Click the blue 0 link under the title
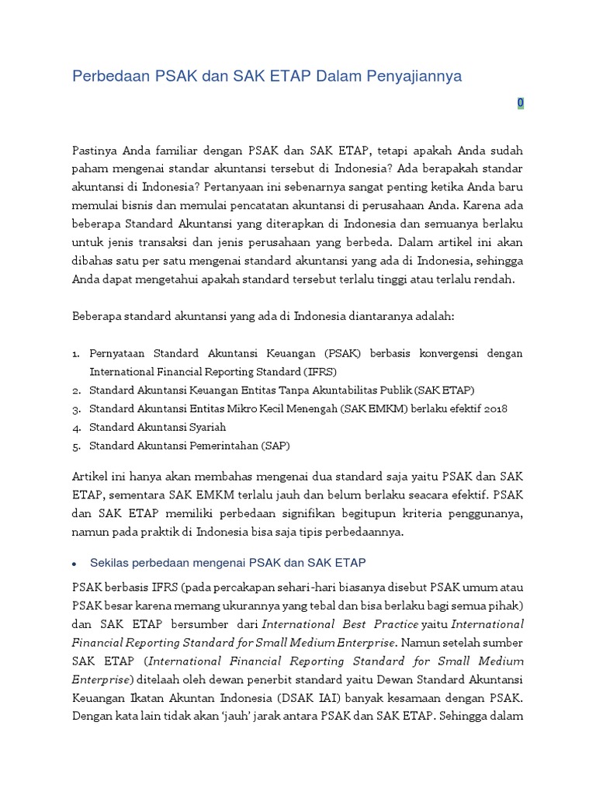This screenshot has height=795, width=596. [521, 103]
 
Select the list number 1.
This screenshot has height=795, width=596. [75, 354]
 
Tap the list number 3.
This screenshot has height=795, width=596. [75, 409]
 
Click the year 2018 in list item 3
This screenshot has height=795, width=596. [494, 408]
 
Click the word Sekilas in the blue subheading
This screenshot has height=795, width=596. [109, 561]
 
